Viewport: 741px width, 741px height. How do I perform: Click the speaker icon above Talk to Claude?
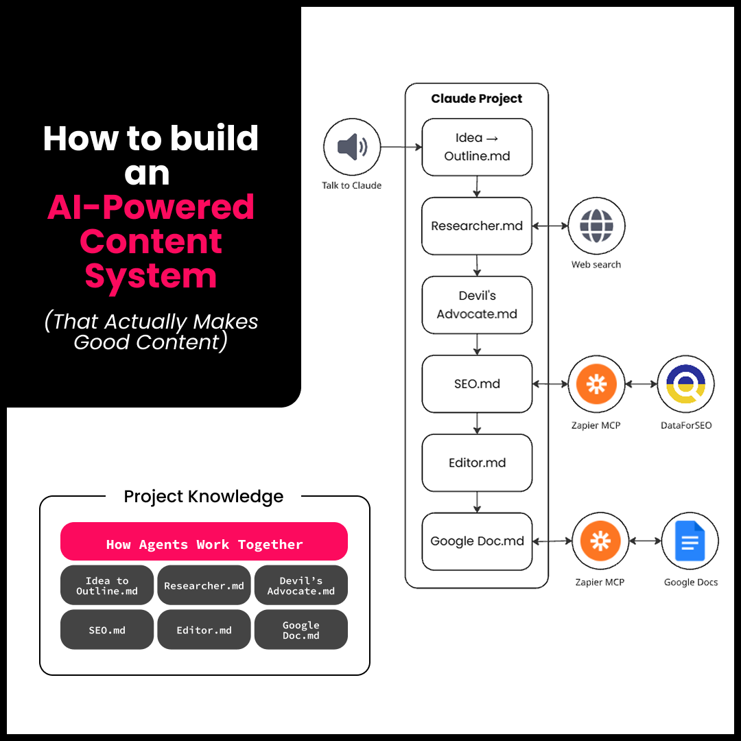coord(352,147)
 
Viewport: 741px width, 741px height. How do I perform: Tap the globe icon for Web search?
coord(596,226)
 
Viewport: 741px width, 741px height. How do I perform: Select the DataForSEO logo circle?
coord(685,384)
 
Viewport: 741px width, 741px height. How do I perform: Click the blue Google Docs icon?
coord(690,541)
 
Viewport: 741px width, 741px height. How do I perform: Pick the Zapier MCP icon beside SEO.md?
coord(596,384)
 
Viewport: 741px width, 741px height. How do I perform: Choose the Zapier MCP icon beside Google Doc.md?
coord(600,541)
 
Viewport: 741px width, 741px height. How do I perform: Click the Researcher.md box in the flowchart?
coord(477,226)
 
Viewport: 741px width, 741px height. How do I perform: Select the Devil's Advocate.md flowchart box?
coord(477,305)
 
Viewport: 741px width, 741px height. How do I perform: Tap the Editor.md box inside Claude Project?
coord(477,462)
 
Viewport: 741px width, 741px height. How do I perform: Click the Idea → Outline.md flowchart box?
coord(477,147)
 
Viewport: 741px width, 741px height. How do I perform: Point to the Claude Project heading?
coord(476,99)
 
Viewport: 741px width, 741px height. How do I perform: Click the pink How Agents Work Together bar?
coord(204,544)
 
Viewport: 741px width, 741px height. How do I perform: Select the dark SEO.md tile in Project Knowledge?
coord(107,630)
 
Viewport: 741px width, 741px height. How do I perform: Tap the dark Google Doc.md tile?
coord(301,630)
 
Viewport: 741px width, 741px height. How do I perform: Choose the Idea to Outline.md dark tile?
coord(107,585)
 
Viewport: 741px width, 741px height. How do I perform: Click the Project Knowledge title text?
coord(203,496)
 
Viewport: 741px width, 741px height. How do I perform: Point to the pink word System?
coord(150,276)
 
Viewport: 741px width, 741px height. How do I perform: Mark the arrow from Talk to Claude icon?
coord(401,147)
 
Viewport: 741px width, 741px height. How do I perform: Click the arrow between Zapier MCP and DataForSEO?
coord(641,384)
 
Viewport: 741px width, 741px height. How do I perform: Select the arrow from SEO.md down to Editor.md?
coord(477,423)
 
